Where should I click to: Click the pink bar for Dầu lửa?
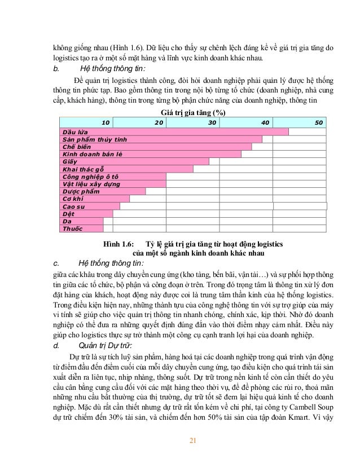pos(174,131)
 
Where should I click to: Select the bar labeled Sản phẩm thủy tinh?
pos(161,139)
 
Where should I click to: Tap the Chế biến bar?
pos(156,146)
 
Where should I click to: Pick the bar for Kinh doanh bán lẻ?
pos(151,153)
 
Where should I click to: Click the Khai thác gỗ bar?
pos(126,169)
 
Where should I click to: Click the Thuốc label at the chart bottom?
pos(72,228)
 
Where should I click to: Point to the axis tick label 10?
pos(105,122)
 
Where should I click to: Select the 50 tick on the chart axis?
pos(318,122)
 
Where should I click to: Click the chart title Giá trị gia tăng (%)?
pos(194,112)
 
